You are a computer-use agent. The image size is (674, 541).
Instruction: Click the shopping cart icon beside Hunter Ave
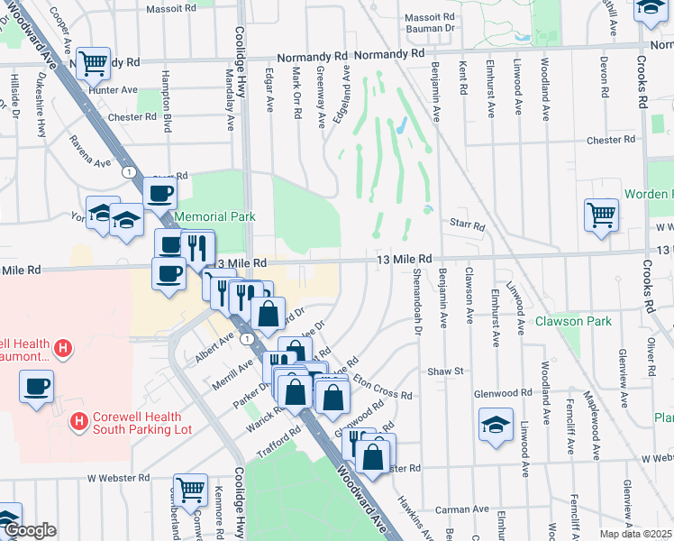coord(93,64)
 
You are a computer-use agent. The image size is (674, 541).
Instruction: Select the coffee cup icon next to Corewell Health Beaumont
coord(36,387)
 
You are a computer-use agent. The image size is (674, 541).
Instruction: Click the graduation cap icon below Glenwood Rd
coord(496,425)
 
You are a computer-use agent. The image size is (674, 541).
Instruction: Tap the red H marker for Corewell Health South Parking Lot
coord(79,420)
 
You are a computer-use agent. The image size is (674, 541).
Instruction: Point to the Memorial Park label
coord(214,216)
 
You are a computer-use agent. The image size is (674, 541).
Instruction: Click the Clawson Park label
coord(573,321)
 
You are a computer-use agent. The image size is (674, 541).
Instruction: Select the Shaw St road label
coord(444,371)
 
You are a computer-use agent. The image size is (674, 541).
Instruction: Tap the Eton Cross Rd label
coord(382,388)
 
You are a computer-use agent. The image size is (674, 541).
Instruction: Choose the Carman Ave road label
coord(455,509)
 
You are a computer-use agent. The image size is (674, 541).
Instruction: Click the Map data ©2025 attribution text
coord(636,534)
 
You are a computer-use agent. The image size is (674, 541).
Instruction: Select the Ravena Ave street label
coord(91,151)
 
